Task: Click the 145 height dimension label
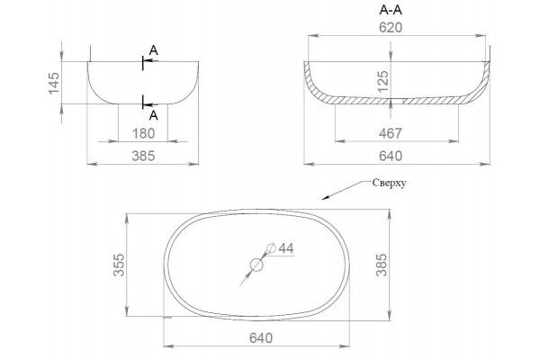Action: coord(54,83)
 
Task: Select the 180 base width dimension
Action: coord(144,133)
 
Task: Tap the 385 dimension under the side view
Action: coord(143,156)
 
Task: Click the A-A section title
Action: coord(391,10)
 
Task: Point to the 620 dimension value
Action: coord(391,28)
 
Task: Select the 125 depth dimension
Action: coord(383,81)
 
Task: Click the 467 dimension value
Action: coord(391,133)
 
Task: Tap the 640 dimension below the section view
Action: coord(391,156)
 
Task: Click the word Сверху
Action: coord(389,183)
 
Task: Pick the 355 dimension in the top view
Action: coord(119,265)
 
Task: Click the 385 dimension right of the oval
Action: coord(382,265)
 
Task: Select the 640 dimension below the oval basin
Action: coord(261,338)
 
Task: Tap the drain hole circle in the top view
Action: coord(256,265)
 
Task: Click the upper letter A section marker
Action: coord(154,50)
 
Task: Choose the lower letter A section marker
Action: coord(154,116)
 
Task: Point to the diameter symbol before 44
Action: coord(271,247)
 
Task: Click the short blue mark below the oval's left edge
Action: coord(167,317)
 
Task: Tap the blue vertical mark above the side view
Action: coord(90,53)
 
